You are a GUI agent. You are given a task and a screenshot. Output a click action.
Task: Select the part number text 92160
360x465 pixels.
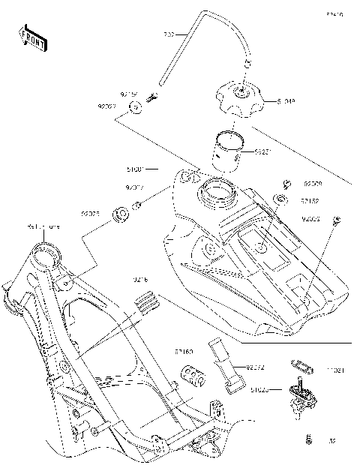(184, 350)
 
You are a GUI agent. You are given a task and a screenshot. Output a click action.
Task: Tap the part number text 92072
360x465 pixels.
(256, 367)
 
